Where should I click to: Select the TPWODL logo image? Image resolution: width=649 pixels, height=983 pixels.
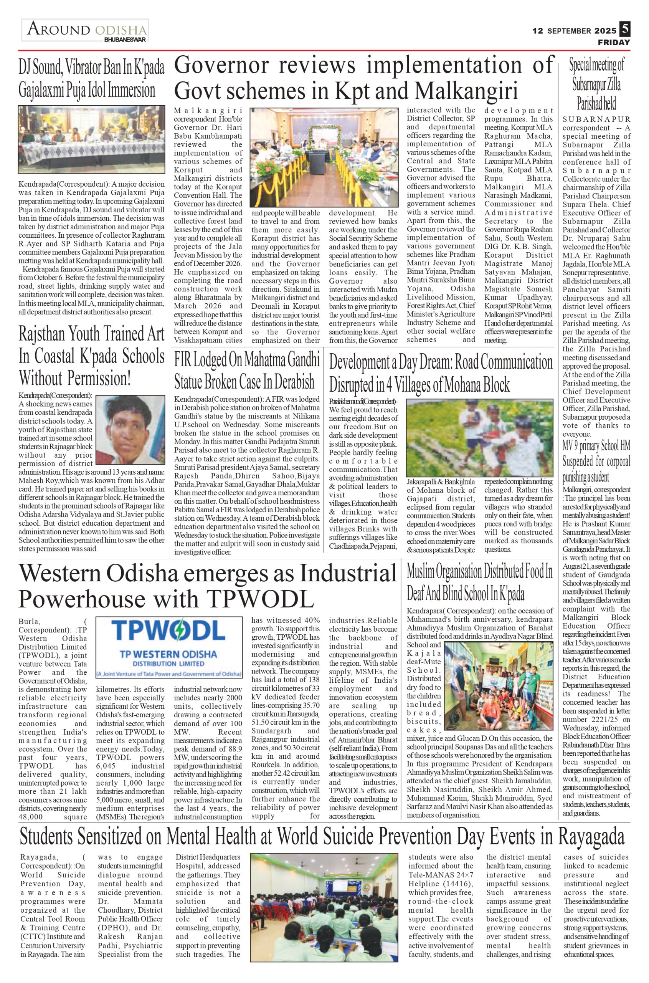(169, 649)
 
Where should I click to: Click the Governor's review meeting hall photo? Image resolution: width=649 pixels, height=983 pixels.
(324, 157)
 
